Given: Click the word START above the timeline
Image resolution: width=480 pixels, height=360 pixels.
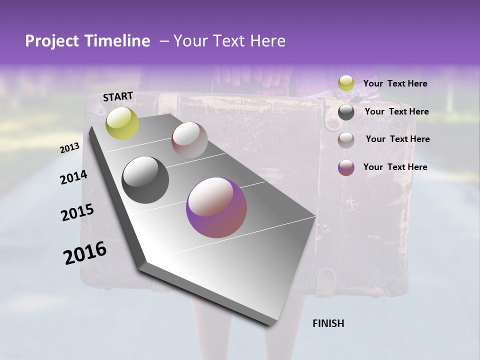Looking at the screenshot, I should tap(118, 96).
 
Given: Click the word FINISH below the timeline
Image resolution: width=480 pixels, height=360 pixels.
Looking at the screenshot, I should tap(328, 323).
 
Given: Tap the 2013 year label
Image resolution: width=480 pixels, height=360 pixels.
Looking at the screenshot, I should tap(69, 148).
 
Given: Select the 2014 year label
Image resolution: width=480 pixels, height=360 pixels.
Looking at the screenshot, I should tap(73, 177).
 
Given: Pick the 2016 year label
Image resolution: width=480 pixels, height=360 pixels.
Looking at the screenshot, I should tap(85, 253).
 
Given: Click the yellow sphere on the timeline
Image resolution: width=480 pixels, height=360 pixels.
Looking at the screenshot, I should tap(122, 123).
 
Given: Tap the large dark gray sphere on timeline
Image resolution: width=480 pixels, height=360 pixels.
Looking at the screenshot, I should tap(145, 180).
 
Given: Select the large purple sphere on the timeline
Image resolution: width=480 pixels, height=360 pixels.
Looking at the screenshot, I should tap(216, 207).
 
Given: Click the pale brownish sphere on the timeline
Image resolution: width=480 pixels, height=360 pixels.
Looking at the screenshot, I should tap(189, 140).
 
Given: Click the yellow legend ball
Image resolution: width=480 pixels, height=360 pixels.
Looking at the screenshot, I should tap(346, 83).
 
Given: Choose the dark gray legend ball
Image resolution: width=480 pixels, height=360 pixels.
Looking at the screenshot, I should tap(346, 112).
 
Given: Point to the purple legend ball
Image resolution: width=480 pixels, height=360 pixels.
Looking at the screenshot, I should tap(346, 167).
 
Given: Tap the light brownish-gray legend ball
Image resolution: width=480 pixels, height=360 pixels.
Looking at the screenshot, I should tap(346, 139).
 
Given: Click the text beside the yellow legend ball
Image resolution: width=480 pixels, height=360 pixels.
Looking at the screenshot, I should tap(395, 83).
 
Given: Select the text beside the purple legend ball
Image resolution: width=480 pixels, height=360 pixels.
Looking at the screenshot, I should tap(395, 167).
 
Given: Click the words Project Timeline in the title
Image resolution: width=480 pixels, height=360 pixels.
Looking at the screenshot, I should tap(87, 41).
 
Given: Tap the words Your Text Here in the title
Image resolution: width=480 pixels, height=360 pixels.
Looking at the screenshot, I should tap(229, 41).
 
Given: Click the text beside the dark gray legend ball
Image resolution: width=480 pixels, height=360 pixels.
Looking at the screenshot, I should tap(396, 111).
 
